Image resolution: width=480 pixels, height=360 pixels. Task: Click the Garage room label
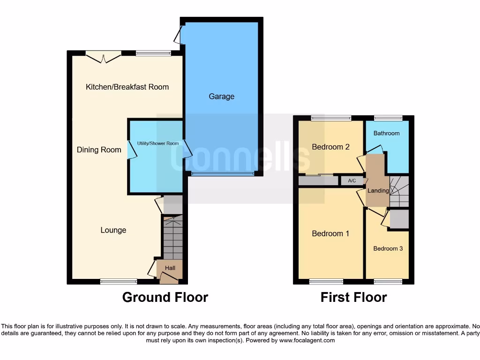221,97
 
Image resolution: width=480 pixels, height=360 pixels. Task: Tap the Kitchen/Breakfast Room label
127,87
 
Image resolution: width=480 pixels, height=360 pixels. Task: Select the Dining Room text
99,150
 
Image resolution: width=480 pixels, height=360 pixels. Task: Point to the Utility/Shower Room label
157,143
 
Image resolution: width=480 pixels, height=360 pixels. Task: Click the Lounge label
113,230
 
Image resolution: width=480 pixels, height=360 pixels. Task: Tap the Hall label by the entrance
170,268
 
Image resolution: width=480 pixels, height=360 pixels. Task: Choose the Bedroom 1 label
330,233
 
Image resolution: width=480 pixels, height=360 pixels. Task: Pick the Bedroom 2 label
330,147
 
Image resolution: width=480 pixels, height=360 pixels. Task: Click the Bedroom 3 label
388,248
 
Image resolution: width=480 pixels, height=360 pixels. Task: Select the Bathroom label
386,133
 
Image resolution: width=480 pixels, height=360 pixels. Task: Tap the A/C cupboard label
352,180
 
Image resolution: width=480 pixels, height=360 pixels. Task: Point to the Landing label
378,191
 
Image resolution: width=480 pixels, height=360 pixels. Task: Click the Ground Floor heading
165,297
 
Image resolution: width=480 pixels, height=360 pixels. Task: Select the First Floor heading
353,297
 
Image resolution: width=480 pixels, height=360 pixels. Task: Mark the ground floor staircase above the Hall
173,237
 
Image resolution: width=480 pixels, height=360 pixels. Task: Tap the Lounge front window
119,281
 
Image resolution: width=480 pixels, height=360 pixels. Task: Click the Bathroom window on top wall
388,118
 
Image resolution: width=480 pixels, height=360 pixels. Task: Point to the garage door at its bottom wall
223,174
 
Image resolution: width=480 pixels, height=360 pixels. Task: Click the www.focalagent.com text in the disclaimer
307,340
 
